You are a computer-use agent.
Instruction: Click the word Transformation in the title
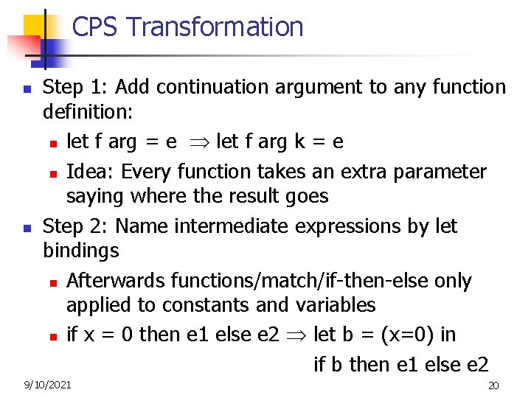[215, 27]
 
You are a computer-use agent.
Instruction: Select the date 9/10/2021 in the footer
[48, 385]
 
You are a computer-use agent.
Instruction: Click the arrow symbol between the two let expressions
[197, 142]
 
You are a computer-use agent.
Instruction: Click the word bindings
[80, 251]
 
